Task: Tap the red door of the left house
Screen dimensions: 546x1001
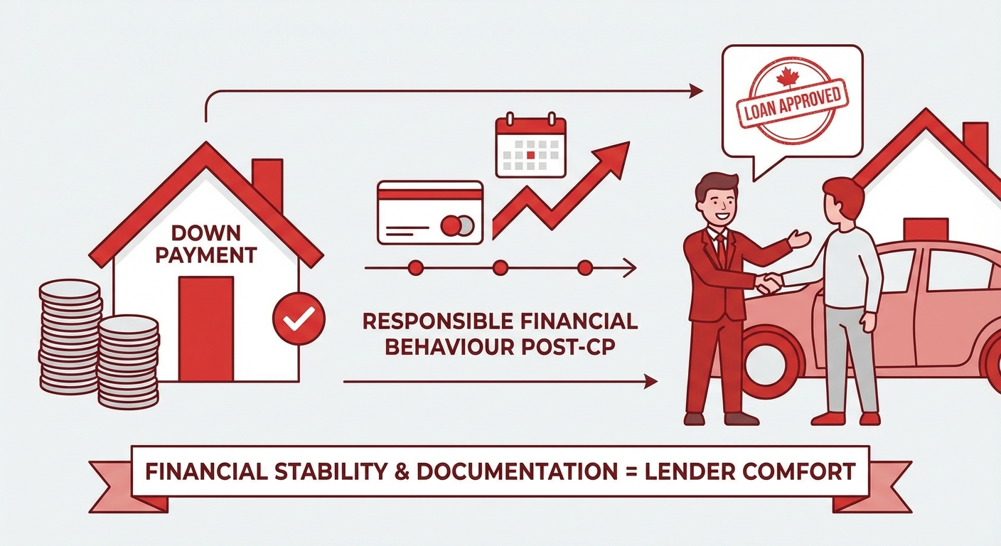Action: click(206, 328)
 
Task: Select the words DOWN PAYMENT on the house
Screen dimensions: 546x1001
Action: click(206, 244)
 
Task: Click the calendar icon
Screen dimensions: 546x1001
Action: click(530, 147)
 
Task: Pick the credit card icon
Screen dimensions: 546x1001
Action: click(430, 211)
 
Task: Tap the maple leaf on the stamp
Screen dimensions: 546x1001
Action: click(787, 75)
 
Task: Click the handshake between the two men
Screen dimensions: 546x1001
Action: click(768, 284)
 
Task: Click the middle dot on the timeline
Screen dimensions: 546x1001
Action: click(500, 268)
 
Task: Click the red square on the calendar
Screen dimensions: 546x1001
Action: click(530, 153)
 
